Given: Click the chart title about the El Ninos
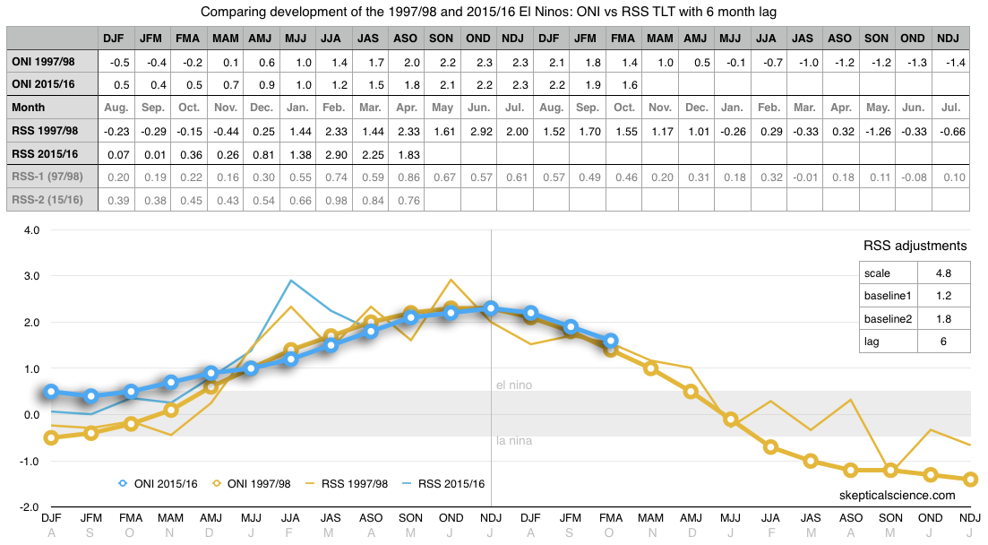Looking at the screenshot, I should point(494,12).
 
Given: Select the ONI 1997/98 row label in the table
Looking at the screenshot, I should point(48,62).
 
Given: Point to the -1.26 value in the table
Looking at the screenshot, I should point(877,130).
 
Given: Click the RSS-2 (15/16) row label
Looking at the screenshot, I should point(47,198).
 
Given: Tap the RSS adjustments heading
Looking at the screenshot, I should point(915,246).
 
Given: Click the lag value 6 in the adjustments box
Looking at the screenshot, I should point(942,341).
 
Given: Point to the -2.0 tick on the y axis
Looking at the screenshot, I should point(30,506).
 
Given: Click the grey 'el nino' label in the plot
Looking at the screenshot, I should point(514,385).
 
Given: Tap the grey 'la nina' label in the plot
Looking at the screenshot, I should point(514,440).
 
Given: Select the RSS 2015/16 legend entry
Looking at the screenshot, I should point(443,483).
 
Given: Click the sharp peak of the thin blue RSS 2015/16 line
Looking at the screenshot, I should point(290,281).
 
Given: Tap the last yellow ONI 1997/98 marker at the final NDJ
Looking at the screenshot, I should point(971,480).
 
